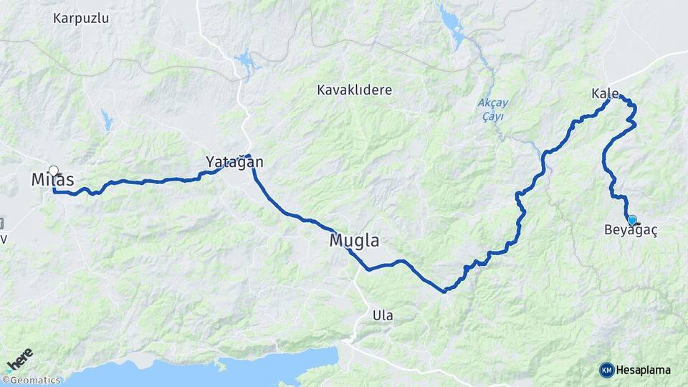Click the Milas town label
52,180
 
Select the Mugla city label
354,240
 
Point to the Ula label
383,315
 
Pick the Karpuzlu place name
81,18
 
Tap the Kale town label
605,94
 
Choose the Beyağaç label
631,231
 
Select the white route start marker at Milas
53,171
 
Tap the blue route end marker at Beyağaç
631,220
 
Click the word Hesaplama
644,370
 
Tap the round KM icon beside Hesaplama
606,370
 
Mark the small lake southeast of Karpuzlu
107,120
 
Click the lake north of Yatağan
247,63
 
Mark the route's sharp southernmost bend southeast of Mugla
444,291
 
